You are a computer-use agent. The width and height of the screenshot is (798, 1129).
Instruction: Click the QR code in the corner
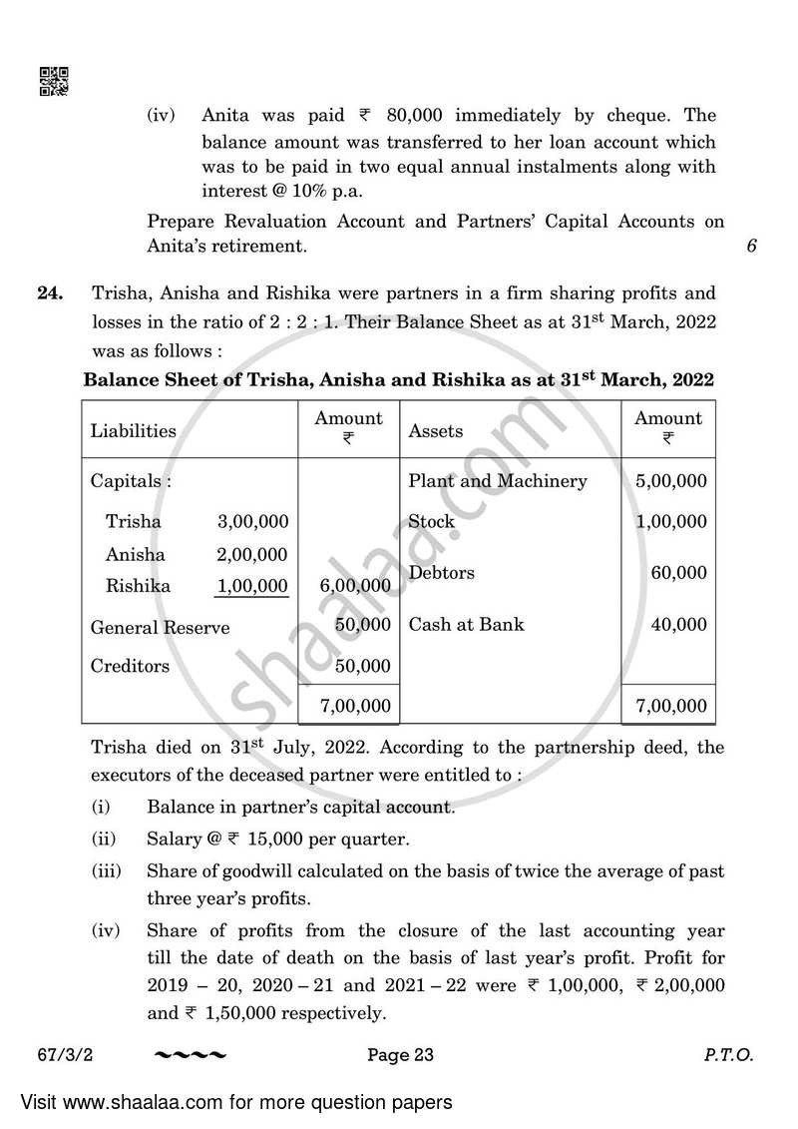pos(53,82)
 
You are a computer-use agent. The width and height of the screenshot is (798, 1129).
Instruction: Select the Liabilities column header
pos(133,431)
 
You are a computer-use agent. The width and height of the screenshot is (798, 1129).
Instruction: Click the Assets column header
pos(436,431)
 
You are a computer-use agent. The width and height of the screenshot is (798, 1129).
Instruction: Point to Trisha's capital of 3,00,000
pos(252,522)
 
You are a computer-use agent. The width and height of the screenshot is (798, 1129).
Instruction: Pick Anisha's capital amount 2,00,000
pos(252,555)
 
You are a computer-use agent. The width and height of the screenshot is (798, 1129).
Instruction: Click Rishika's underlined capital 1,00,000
pos(252,586)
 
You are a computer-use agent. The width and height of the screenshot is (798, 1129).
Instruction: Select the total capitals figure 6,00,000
pos(355,586)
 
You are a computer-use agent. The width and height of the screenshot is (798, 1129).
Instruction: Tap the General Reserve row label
pos(160,628)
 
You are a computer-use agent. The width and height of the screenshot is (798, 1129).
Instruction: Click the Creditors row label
pos(130,666)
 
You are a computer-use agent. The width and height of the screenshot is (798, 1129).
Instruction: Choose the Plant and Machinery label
pos(498,481)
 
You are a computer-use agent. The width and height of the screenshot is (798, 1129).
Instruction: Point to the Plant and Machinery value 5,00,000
pos(670,481)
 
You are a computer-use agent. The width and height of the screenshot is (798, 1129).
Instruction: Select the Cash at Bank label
pos(466,625)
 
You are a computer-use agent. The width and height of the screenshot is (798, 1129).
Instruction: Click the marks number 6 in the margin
pos(751,246)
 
